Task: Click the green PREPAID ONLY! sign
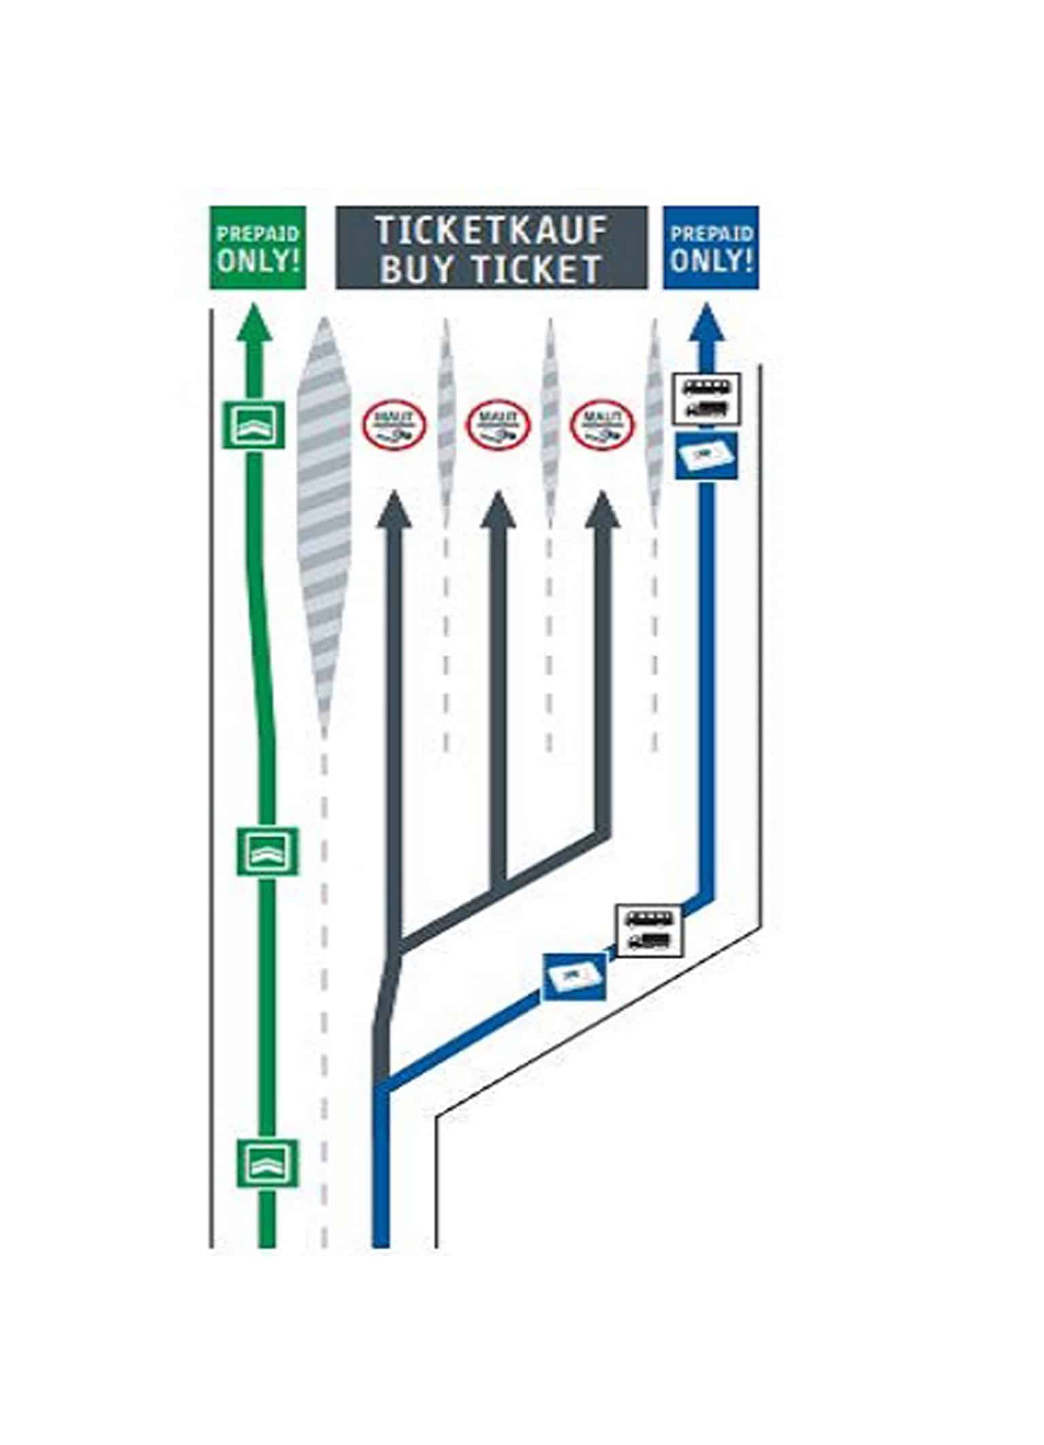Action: [258, 248]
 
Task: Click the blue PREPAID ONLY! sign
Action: [711, 248]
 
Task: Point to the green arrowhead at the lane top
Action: [254, 324]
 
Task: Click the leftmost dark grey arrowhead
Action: [394, 510]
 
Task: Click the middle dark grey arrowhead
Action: [498, 510]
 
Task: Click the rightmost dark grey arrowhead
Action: [602, 510]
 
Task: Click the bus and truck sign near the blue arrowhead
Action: [707, 399]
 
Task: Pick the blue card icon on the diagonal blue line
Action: [574, 977]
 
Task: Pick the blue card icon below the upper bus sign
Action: [707, 454]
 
